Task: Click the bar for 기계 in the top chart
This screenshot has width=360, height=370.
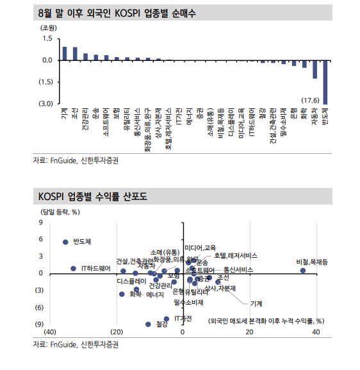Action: pyautogui.click(x=64, y=53)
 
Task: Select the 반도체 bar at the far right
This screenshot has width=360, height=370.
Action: pyautogui.click(x=325, y=81)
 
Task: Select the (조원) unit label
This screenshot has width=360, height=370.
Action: pyautogui.click(x=49, y=28)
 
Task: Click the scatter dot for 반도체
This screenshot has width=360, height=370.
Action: pyautogui.click(x=65, y=242)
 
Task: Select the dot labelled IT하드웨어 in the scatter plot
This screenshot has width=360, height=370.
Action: pyautogui.click(x=73, y=269)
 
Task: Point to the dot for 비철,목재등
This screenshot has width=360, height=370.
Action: pyautogui.click(x=303, y=271)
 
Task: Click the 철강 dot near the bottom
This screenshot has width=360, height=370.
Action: pyautogui.click(x=148, y=324)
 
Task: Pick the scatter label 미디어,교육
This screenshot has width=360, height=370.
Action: pyautogui.click(x=200, y=248)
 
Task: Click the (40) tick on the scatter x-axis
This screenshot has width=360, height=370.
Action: pyautogui.click(x=49, y=332)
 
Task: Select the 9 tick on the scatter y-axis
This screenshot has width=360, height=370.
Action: pyautogui.click(x=41, y=223)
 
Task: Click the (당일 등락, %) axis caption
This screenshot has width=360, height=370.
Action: pyautogui.click(x=60, y=211)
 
